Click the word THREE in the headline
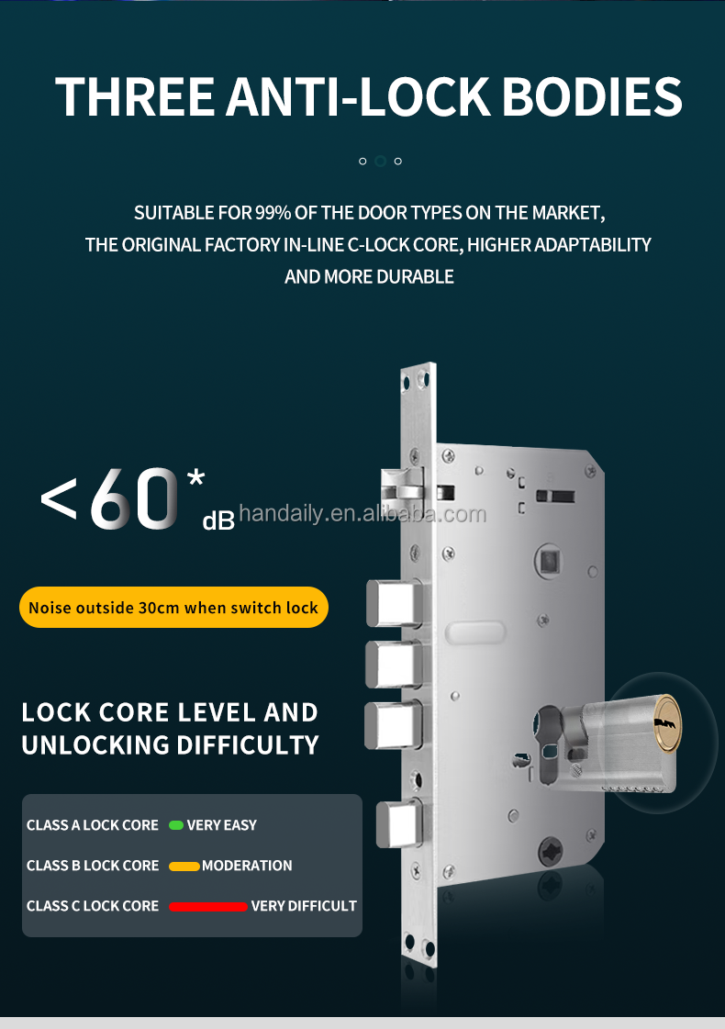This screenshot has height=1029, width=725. tap(136, 97)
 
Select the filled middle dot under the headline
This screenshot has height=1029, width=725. tap(380, 161)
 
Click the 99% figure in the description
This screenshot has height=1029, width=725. tap(273, 214)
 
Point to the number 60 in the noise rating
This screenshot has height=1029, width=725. tap(133, 500)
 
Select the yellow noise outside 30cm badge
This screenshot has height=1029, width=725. tap(173, 608)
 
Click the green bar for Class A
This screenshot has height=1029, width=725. tap(175, 825)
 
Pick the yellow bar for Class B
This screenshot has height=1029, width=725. tap(184, 866)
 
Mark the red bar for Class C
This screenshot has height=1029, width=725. tap(208, 906)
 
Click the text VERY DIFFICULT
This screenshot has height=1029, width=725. tap(304, 906)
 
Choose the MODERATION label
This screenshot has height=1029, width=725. tap(247, 866)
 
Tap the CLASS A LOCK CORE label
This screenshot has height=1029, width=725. tap(93, 825)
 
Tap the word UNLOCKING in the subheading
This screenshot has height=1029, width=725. tap(101, 744)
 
